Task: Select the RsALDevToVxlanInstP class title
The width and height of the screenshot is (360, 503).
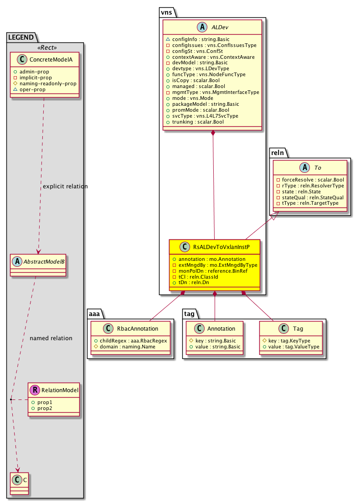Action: click(220, 247)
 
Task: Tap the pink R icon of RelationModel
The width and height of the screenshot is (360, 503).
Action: click(35, 390)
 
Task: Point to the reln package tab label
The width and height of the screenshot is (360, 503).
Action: click(278, 151)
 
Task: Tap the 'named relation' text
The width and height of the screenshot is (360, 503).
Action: click(51, 338)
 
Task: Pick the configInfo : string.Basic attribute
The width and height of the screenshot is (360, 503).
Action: click(198, 39)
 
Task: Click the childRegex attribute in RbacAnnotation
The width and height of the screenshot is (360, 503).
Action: click(131, 341)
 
